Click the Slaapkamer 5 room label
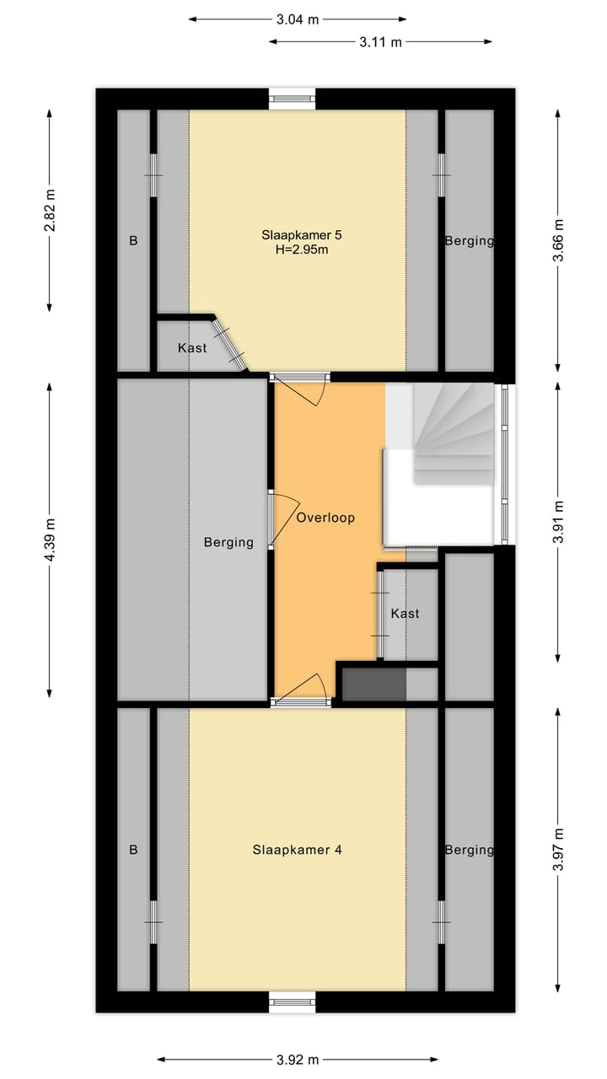[296, 234]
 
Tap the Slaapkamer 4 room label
[297, 850]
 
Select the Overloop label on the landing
[325, 518]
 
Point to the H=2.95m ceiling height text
[296, 250]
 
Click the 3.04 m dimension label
[297, 19]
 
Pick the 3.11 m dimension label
[380, 40]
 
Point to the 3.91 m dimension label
[558, 523]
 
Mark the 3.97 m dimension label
[558, 850]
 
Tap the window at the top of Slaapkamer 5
[293, 99]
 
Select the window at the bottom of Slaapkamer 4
[293, 1001]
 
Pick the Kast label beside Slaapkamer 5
[192, 347]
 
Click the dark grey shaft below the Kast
[373, 684]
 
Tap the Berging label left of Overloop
[228, 542]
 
